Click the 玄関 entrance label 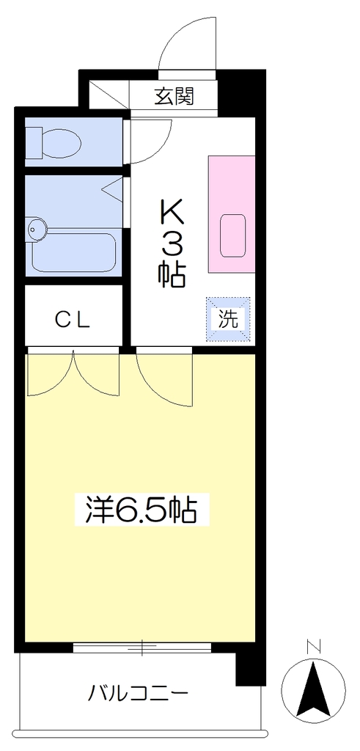coord(174,97)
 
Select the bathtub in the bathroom coord(74,252)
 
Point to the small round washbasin coord(37,230)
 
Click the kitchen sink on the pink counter coord(232,235)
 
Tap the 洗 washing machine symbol coord(228,320)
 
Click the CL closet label coord(73,320)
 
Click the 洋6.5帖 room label coord(142,510)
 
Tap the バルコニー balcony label coord(138,692)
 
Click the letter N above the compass coord(313,647)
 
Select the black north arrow coord(313,689)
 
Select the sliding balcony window coord(142,647)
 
